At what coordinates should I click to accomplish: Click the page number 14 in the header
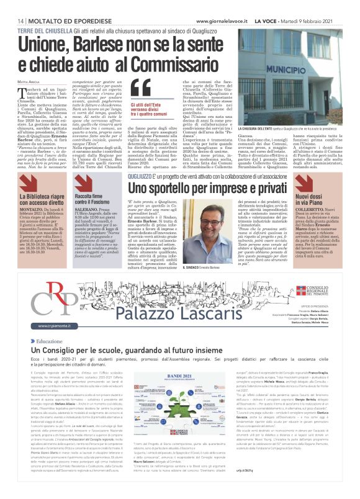click(x=20, y=20)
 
